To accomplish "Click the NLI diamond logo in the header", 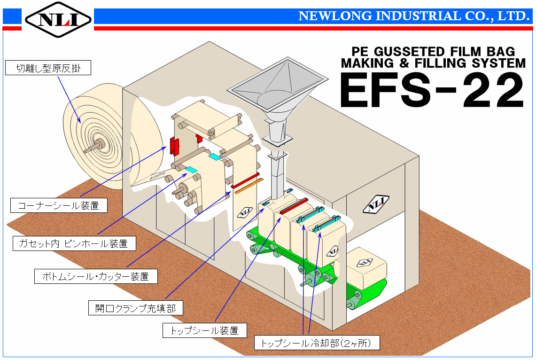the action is tap(58, 19).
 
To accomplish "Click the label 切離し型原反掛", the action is tap(48, 68).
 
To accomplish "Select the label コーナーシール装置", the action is tap(59, 205).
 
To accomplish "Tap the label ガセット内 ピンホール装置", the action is tap(74, 243).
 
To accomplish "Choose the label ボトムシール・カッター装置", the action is tap(96, 276).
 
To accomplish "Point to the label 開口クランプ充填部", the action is tap(136, 308).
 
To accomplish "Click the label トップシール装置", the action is tap(204, 330).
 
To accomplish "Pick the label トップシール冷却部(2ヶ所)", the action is tap(317, 343).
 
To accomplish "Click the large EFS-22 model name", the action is tap(432, 90).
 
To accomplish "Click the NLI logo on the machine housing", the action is tap(376, 204).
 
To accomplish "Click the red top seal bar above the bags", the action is tap(294, 206).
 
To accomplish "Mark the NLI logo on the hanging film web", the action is tap(245, 212).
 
